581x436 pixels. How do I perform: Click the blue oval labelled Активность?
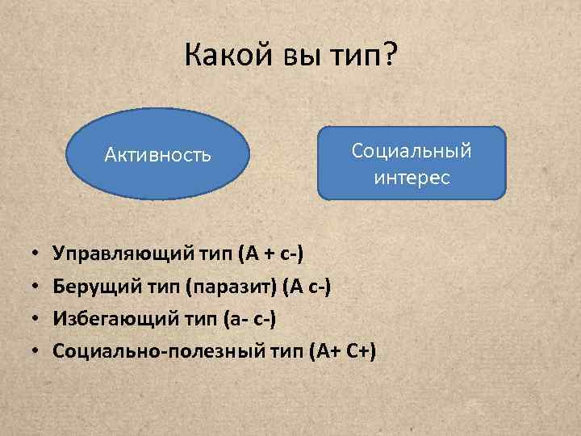tap(158, 154)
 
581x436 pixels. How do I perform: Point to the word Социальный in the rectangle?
tap(412, 151)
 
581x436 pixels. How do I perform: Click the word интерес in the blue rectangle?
tap(412, 177)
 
